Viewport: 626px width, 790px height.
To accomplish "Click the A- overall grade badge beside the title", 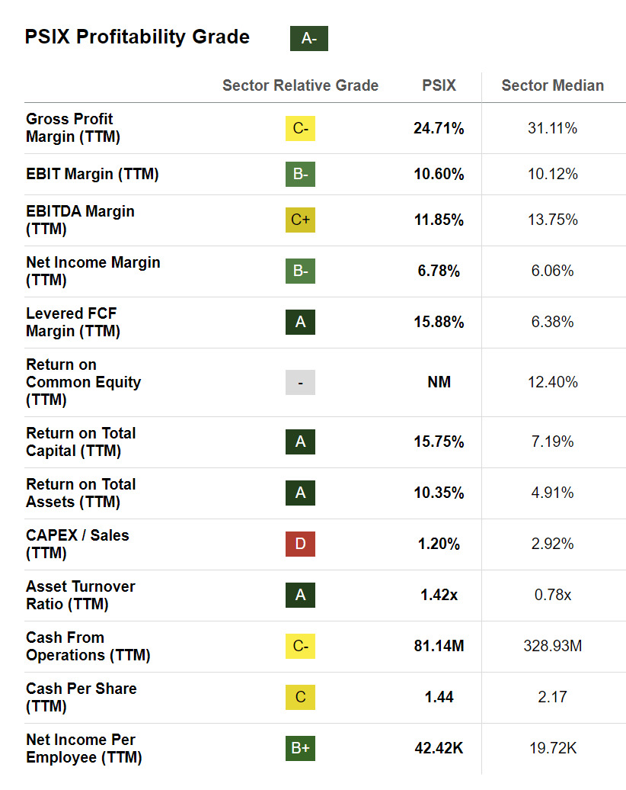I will [x=308, y=38].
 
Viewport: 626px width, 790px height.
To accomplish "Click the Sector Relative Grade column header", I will [x=300, y=85].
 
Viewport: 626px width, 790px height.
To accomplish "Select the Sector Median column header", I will [x=552, y=85].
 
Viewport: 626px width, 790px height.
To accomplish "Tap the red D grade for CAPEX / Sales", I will [x=300, y=544].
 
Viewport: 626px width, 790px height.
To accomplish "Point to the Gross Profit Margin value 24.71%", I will [x=439, y=128].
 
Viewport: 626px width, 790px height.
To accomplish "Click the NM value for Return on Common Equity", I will [x=439, y=382].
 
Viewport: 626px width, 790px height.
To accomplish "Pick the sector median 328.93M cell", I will [x=552, y=646].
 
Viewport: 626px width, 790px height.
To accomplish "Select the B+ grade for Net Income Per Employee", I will [x=300, y=748].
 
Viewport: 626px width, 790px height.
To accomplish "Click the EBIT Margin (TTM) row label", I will [x=92, y=174].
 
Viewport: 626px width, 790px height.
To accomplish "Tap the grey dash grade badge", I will [x=300, y=382].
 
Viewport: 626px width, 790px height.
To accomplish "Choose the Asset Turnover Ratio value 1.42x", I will [x=439, y=595].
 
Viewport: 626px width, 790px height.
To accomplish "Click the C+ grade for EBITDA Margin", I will [x=300, y=220].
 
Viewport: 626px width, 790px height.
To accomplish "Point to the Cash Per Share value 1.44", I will [x=439, y=697].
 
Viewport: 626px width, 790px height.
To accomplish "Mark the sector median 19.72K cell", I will [x=552, y=748].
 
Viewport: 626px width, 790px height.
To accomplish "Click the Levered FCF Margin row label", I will [x=72, y=322].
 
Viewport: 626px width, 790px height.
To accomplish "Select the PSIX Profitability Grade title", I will [x=137, y=37].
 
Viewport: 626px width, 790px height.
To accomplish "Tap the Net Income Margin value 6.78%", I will [x=439, y=271].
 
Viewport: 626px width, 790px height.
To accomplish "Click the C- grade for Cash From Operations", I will [x=300, y=646].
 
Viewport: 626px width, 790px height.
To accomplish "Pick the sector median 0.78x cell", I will [x=552, y=595].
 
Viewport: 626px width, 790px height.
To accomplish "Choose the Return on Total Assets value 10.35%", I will [x=439, y=493].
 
